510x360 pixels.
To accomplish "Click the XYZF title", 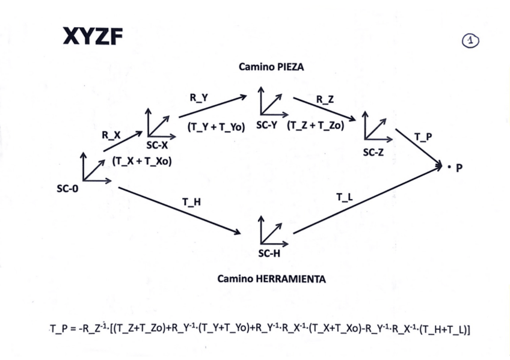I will pos(93,38).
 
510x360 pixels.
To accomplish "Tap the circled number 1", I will pos(470,40).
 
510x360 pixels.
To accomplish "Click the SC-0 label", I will pos(67,189).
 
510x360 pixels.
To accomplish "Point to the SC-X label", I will pos(158,145).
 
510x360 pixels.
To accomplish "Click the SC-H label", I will pos(269,253).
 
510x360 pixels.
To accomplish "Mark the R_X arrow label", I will pos(111,136).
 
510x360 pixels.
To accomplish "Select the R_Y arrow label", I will pos(199,99).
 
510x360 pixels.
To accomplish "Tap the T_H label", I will pos(191,202).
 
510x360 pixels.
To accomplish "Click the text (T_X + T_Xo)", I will pos(142,161).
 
